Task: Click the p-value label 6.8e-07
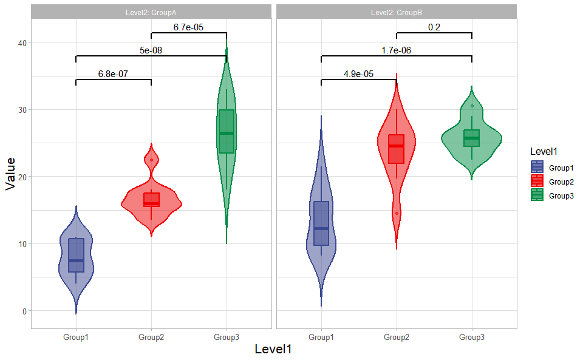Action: pyautogui.click(x=113, y=75)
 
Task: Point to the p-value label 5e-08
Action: pyautogui.click(x=151, y=50)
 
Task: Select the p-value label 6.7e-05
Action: pyautogui.click(x=188, y=27)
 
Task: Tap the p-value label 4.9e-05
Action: pyautogui.click(x=358, y=74)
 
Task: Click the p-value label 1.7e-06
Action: pyautogui.click(x=396, y=50)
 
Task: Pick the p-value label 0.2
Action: pyautogui.click(x=434, y=27)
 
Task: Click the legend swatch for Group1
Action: pyautogui.click(x=537, y=167)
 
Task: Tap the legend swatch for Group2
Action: pyautogui.click(x=537, y=181)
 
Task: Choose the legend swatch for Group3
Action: pyautogui.click(x=537, y=195)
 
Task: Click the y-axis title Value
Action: pyautogui.click(x=10, y=174)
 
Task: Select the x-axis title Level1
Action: pyautogui.click(x=273, y=350)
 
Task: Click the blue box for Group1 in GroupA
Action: pyautogui.click(x=76, y=255)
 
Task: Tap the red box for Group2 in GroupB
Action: pyautogui.click(x=397, y=149)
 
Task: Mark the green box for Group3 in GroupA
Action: pyautogui.click(x=227, y=131)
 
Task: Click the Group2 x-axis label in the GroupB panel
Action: pyautogui.click(x=397, y=337)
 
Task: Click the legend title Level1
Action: pyautogui.click(x=543, y=151)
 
